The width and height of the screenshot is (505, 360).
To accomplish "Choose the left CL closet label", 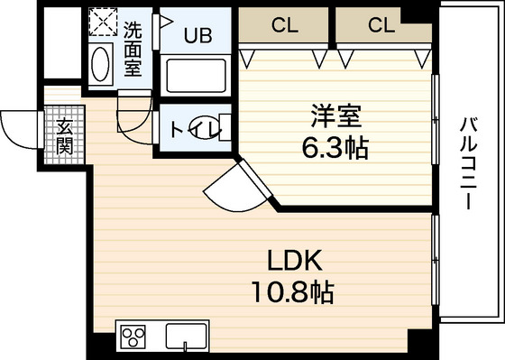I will tap(286, 25).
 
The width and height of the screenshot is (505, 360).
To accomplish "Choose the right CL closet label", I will tap(381, 25).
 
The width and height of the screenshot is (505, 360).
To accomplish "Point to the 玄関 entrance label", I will tap(65, 136).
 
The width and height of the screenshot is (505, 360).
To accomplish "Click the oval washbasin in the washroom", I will tap(101, 65).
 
